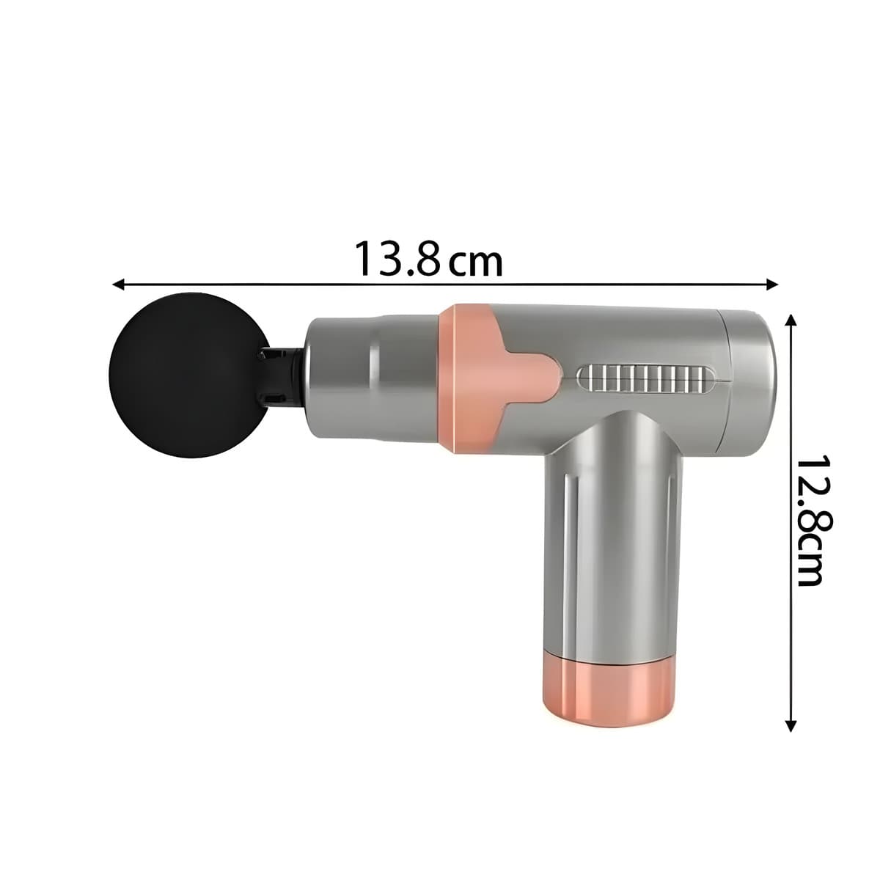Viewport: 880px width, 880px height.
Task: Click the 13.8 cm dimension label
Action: coord(429,259)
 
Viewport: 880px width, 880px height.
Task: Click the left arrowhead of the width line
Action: coord(118,283)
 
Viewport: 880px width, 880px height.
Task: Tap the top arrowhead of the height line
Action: coord(791,320)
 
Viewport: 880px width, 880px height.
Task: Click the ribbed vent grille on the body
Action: coord(645,378)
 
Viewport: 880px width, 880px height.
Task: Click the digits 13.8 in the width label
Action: coord(397,259)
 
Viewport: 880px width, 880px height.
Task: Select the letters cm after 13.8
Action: coord(477,263)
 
